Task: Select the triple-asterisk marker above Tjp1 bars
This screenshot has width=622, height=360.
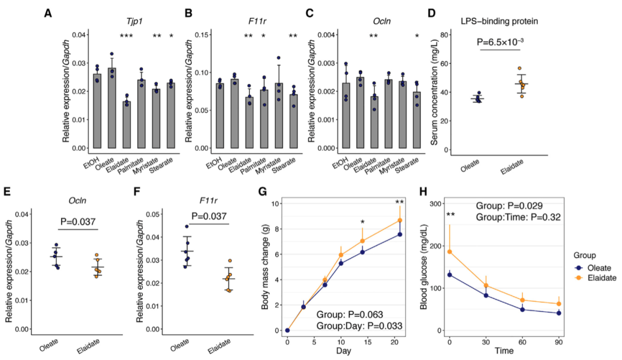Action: [127, 37]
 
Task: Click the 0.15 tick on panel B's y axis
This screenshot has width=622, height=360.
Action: [203, 35]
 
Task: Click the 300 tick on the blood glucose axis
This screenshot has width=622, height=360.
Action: [437, 204]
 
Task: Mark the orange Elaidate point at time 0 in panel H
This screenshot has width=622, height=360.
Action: [450, 252]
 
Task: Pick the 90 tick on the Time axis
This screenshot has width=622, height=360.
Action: [559, 341]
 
